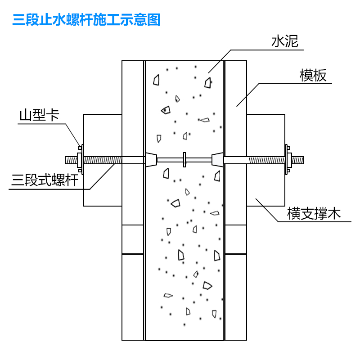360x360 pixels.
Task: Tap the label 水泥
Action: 285,42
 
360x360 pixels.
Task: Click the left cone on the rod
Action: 151,160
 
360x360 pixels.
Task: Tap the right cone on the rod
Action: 217,160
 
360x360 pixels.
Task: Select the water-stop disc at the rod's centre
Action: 184,160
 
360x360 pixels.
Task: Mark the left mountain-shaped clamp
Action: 80,160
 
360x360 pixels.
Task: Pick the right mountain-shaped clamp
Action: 287,160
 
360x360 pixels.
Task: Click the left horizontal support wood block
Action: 103,135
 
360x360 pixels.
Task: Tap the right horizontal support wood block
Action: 265,135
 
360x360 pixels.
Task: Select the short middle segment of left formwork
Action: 133,239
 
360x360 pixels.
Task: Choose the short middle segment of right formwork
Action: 235,239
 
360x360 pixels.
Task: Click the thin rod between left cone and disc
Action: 171,160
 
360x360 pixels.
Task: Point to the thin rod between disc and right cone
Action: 198,160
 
